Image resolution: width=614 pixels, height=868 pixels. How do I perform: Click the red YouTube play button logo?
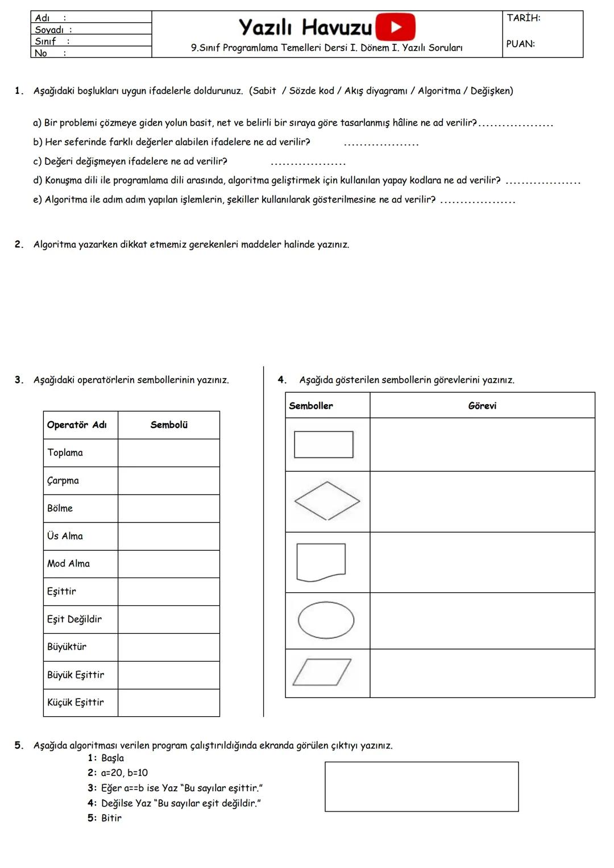click(396, 27)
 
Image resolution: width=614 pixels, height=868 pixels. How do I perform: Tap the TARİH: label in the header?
click(523, 18)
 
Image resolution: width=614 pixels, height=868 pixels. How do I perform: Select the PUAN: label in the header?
click(520, 44)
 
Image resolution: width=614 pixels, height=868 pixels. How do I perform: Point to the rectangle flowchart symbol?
click(323, 445)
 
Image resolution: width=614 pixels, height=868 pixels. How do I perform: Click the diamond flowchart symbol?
click(327, 501)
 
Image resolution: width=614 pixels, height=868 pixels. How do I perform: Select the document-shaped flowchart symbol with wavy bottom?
click(321, 562)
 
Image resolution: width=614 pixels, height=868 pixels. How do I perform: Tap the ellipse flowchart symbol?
click(326, 620)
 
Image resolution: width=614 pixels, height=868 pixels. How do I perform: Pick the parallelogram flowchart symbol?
click(322, 672)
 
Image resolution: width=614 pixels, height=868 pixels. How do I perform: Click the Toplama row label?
click(65, 452)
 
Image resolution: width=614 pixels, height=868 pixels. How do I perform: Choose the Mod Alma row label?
click(68, 563)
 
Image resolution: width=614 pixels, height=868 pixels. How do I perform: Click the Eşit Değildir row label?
click(74, 619)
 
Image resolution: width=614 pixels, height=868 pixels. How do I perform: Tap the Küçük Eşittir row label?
click(75, 702)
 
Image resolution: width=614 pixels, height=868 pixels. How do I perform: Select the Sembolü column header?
click(169, 425)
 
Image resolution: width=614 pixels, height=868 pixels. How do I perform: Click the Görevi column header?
click(482, 405)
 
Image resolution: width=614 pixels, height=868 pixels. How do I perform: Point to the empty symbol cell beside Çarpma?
click(168, 480)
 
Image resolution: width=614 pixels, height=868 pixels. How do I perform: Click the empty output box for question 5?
click(421, 786)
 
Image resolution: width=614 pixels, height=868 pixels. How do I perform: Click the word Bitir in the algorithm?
click(111, 818)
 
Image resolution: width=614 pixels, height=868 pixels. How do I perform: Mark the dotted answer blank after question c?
click(308, 163)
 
